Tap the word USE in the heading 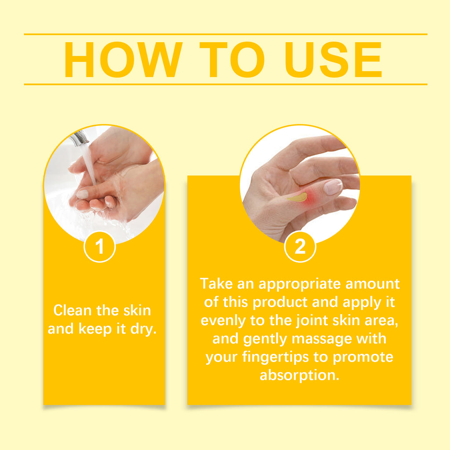point(334,60)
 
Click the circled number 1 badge point(100,247)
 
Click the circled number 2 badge point(300,247)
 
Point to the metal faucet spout point(79,138)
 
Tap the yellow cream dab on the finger point(298,197)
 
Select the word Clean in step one point(73,310)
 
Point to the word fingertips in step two point(272,357)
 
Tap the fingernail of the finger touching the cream point(333,187)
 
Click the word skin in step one point(137,310)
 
